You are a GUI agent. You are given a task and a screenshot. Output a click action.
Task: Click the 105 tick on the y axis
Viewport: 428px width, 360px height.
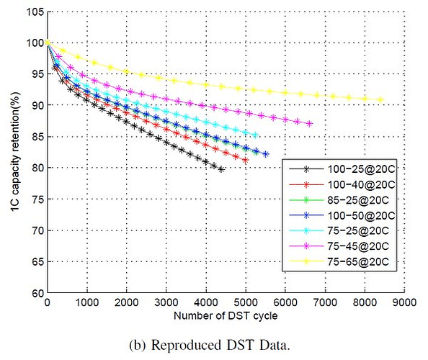coord(35,12)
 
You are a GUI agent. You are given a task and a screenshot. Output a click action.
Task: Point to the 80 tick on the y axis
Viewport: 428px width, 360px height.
coord(38,168)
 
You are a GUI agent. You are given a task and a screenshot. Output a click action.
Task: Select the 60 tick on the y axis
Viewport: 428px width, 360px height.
coord(38,294)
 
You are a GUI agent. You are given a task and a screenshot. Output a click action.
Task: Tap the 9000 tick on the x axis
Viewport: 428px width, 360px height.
coord(404,302)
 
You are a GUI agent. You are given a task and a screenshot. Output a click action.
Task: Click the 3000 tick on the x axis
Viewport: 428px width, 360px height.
coord(166,302)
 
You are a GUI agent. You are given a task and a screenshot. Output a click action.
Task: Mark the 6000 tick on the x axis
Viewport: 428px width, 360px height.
coord(285,302)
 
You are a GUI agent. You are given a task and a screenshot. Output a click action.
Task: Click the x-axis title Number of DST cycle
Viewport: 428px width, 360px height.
coord(226,316)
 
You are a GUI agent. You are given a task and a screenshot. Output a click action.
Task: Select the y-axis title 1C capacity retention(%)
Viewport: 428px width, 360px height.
coord(16,152)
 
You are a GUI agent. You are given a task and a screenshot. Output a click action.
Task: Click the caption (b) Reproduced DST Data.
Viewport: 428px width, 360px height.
coord(210,346)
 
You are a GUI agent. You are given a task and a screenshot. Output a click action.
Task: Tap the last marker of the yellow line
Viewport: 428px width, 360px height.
coord(380,99)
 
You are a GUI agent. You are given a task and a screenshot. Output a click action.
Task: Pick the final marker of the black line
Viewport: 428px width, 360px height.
coord(221,170)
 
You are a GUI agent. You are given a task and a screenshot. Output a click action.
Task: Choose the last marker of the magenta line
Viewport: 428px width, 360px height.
coord(310,124)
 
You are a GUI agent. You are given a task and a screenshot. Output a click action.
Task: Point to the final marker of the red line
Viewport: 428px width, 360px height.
coord(246,161)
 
